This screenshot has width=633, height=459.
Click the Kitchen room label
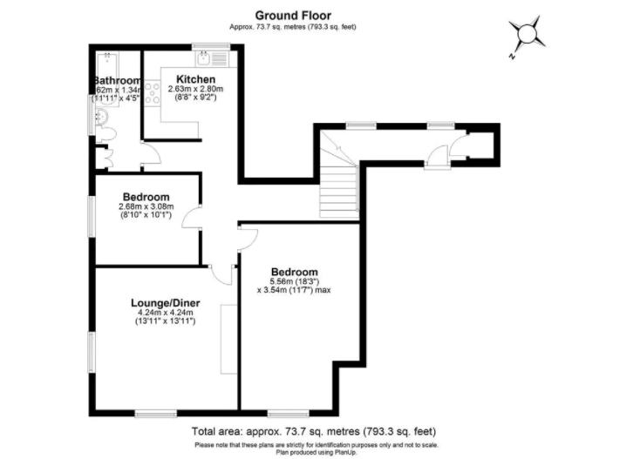(x=195, y=79)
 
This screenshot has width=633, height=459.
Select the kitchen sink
(x=205, y=59)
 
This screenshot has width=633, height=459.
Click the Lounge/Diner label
(x=164, y=302)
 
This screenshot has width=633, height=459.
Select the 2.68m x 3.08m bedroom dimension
(x=146, y=206)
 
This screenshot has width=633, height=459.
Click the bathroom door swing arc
(x=150, y=155)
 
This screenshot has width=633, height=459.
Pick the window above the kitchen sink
(x=205, y=45)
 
